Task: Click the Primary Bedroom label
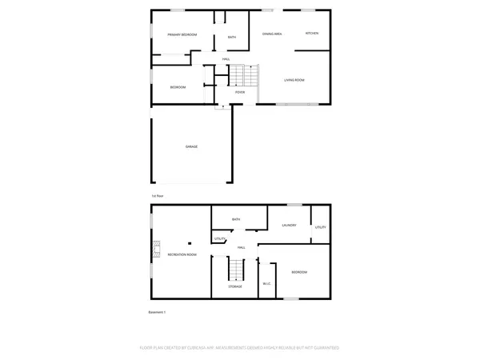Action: click(182, 35)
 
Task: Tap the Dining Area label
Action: click(273, 33)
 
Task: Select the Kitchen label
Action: click(312, 33)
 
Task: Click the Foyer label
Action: click(239, 93)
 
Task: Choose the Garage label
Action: click(192, 146)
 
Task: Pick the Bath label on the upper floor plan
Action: click(232, 38)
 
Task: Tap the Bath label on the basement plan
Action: click(236, 219)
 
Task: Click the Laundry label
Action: click(289, 226)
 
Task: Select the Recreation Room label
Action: click(182, 254)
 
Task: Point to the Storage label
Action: click(235, 286)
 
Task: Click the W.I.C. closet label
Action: click(267, 285)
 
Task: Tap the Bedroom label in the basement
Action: click(299, 273)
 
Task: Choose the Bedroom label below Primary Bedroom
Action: click(178, 87)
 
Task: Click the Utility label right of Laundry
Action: click(320, 228)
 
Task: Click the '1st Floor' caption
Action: click(158, 196)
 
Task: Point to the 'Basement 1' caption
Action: click(157, 312)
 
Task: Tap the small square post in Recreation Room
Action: click(190, 244)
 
